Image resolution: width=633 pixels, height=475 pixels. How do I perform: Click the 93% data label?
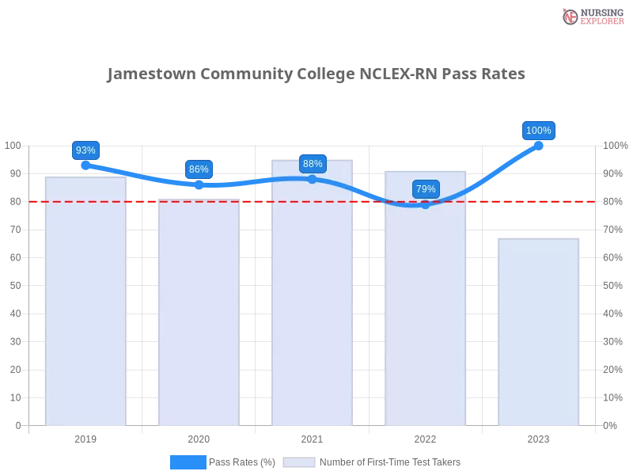(x=85, y=150)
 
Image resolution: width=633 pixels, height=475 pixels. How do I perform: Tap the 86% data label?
(x=199, y=169)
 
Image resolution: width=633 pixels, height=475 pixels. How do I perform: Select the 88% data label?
(x=313, y=164)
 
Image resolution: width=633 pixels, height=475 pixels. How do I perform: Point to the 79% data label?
(x=426, y=189)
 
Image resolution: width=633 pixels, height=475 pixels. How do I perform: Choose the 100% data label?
(x=539, y=131)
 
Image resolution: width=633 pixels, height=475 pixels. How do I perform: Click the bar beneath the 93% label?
(x=85, y=301)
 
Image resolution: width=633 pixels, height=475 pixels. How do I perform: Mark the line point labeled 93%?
(x=85, y=165)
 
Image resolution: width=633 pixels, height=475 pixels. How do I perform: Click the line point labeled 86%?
(x=199, y=184)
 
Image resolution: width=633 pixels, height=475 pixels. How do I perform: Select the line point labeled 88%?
(x=313, y=180)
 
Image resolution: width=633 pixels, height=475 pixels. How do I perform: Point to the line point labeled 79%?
(x=426, y=204)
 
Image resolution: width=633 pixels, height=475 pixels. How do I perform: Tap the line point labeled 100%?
(x=539, y=145)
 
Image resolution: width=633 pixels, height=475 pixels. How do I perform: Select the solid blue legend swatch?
(x=188, y=462)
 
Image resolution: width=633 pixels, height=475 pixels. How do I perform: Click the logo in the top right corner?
(x=592, y=16)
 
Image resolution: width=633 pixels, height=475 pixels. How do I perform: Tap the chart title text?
(x=314, y=77)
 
